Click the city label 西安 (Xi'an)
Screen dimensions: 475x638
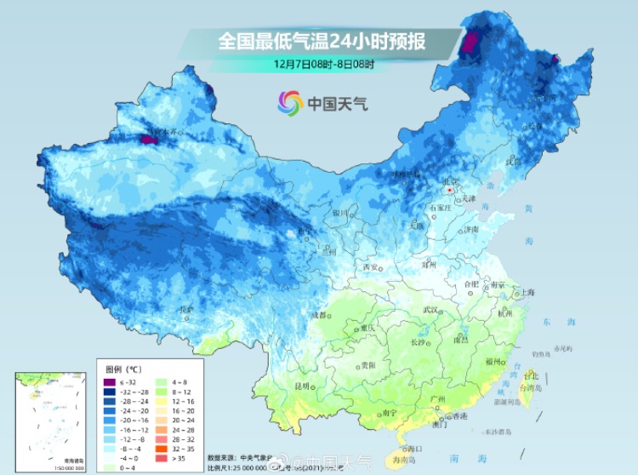click(x=369, y=266)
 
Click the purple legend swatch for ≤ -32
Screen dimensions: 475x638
click(x=110, y=382)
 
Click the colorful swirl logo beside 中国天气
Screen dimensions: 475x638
click(x=290, y=104)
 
